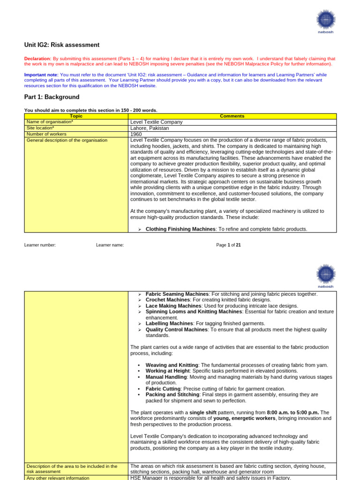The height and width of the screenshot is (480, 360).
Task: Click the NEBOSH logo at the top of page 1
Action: [x=326, y=21]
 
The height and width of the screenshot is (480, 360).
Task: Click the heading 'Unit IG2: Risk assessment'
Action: [x=62, y=45]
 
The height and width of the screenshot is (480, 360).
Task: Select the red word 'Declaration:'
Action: [x=37, y=59]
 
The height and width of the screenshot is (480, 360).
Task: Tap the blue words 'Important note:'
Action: [x=41, y=75]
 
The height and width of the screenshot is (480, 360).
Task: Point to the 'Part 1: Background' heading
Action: [x=52, y=97]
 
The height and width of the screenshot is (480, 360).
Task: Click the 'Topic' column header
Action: [x=76, y=116]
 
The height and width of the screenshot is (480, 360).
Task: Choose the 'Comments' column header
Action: [x=232, y=116]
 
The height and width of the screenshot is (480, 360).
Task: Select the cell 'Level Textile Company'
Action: [x=157, y=122]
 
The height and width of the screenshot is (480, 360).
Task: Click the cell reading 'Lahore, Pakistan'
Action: [x=150, y=128]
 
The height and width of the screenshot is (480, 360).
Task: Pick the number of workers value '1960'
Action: [x=136, y=134]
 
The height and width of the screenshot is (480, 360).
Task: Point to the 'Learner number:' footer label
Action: [x=40, y=245]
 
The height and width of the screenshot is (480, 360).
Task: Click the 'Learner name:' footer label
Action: [x=110, y=245]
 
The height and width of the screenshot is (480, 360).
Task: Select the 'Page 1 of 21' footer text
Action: [x=228, y=245]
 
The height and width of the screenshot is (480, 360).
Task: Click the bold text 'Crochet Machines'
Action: [x=168, y=300]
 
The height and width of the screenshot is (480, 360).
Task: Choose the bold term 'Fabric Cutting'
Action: [x=164, y=389]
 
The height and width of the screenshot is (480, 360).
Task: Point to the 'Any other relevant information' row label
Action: [x=58, y=478]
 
